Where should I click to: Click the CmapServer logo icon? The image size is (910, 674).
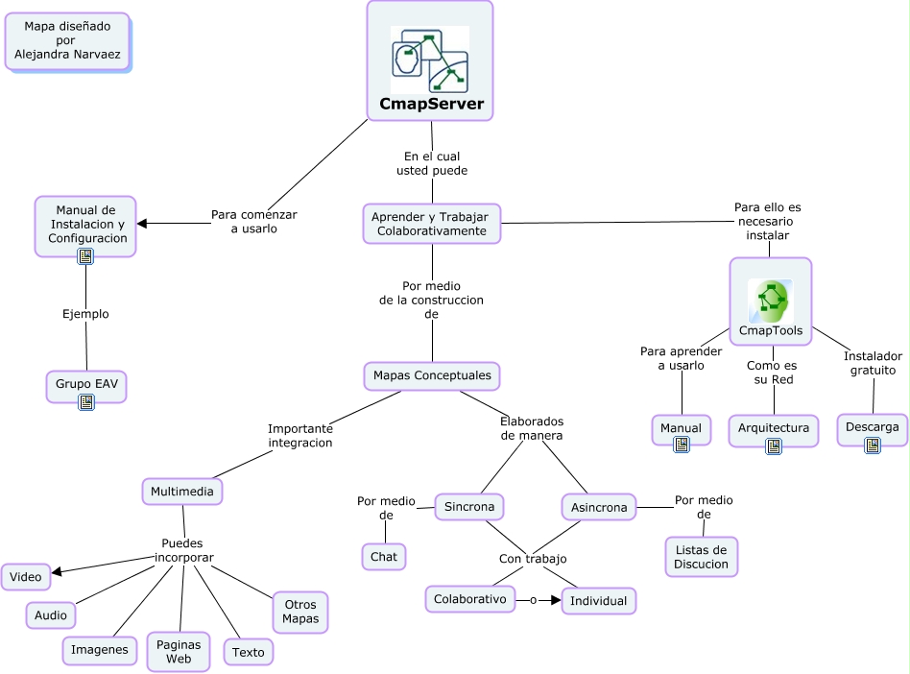click(429, 60)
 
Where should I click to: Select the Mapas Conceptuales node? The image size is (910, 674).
click(432, 375)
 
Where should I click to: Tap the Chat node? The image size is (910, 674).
click(384, 556)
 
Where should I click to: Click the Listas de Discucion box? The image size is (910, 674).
click(702, 557)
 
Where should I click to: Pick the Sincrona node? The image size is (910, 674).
click(469, 506)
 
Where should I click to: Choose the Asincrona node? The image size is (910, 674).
click(599, 507)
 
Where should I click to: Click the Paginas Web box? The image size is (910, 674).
click(179, 651)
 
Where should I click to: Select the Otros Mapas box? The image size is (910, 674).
click(300, 612)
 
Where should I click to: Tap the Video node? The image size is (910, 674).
click(26, 577)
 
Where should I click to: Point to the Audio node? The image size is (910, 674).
click(50, 614)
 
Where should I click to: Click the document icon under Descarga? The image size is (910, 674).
click(872, 445)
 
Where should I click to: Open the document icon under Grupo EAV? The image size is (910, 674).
click(85, 402)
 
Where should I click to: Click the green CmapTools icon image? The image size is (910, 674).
click(770, 301)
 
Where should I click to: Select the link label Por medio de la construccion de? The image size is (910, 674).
click(432, 300)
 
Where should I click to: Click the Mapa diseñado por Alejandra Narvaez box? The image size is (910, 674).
click(68, 41)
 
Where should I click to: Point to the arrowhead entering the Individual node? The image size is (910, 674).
click(555, 601)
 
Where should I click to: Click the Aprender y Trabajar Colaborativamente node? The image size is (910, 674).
click(432, 224)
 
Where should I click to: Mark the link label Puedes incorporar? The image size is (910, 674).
click(183, 550)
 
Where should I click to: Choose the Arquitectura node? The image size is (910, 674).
click(774, 428)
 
